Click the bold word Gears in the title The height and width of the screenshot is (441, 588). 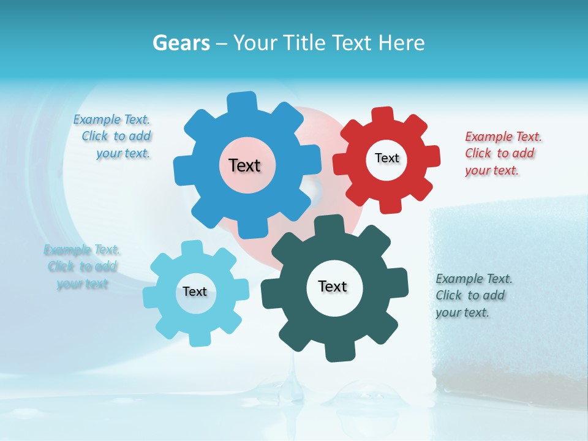point(181,43)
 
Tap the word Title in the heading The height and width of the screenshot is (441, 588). point(306,43)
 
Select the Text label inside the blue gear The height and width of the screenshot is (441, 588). point(244,165)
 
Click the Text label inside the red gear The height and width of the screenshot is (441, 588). point(386,158)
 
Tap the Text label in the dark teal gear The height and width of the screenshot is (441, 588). point(333,286)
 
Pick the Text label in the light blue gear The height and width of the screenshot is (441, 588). point(195,292)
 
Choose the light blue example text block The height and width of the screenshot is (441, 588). point(82,266)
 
